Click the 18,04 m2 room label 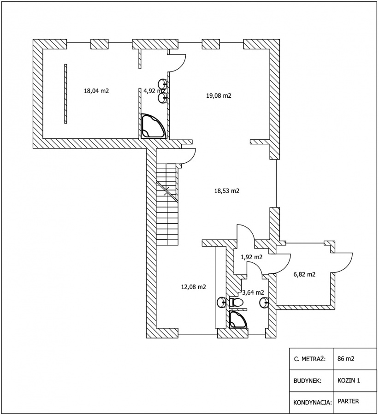tap(96, 91)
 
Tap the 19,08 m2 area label tap(219, 95)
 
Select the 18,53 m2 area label tap(226, 190)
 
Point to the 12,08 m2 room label tap(193, 287)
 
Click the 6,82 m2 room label tap(304, 274)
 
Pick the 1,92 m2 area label tap(251, 257)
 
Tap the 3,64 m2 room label tap(253, 292)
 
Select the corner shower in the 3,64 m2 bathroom tap(238, 320)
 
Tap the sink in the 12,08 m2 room tap(221, 302)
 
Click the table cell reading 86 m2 tap(346, 359)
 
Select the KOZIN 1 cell tap(349, 380)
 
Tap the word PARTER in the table tap(348, 401)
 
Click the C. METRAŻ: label tap(309, 359)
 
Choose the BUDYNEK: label tap(307, 381)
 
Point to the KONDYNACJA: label tap(313, 403)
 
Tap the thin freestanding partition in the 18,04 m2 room tap(65, 94)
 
